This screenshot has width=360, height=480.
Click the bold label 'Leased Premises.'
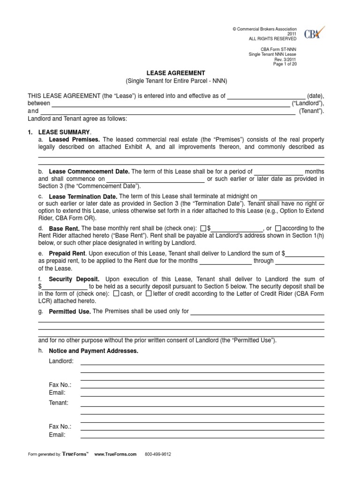(75, 140)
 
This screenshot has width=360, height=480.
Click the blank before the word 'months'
(278, 172)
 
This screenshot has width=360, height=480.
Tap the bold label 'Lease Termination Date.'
(83, 196)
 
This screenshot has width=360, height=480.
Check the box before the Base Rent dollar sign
(203, 228)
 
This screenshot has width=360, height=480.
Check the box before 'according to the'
(278, 228)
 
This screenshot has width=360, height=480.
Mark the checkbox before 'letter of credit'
(149, 294)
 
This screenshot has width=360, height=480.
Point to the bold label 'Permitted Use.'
(70, 312)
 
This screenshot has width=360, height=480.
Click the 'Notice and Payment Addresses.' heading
(93, 351)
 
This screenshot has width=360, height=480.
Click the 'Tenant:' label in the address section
(59, 403)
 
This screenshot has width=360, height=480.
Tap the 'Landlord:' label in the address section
(61, 361)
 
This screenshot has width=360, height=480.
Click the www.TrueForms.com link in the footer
(115, 454)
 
